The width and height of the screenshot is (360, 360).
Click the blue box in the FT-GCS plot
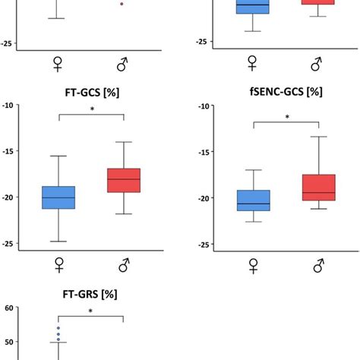(58, 197)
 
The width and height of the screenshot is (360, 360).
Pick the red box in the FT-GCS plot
(123, 180)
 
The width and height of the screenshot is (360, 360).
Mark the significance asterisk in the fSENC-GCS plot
(286, 118)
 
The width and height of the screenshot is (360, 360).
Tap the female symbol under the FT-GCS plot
(58, 265)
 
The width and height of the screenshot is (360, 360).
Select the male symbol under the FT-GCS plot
(123, 265)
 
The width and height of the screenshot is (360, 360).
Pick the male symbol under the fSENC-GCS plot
(318, 265)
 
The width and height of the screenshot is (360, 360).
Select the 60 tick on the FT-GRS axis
(10, 308)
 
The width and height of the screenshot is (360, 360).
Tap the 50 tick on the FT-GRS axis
(10, 343)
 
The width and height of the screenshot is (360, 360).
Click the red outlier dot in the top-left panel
(122, 4)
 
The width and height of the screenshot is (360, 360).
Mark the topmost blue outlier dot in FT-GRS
(58, 328)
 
